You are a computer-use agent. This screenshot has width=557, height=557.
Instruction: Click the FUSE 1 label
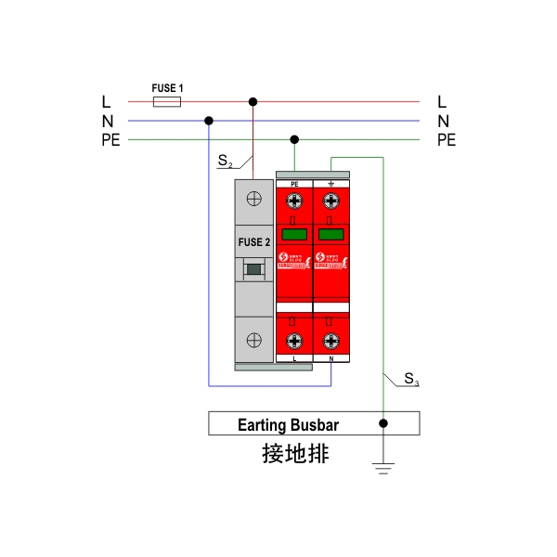tap(168, 88)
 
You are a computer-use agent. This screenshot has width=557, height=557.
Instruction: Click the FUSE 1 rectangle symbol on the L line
tap(166, 101)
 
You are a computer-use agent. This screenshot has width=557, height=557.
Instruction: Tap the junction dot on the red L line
tap(253, 101)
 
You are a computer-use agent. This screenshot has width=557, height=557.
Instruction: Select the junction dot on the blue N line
tap(209, 121)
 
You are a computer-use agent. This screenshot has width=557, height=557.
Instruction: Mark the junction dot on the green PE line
tap(294, 140)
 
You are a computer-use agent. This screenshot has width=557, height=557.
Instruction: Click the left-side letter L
tap(107, 101)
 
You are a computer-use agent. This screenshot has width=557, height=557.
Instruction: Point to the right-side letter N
tap(443, 121)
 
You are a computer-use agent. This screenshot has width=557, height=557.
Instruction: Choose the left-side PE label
tap(111, 140)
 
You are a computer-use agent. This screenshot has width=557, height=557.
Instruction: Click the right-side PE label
tap(447, 140)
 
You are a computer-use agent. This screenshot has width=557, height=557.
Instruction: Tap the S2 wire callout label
tap(226, 162)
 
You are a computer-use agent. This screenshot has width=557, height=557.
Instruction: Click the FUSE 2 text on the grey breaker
tap(253, 243)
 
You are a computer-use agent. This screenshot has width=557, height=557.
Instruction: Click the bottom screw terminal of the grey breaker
tap(253, 340)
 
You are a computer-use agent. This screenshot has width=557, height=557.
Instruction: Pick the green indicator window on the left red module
tap(294, 234)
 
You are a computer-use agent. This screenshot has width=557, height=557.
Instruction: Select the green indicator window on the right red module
tap(330, 234)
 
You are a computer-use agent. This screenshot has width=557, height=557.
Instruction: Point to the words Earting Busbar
tap(289, 425)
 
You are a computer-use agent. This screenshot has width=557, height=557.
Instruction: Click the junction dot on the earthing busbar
tap(383, 424)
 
